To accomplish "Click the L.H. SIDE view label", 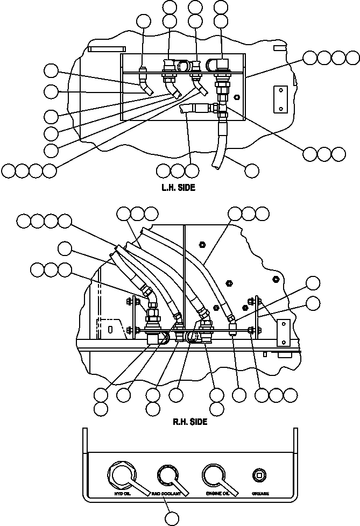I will point(178,188).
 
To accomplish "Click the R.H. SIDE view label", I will point(189,422).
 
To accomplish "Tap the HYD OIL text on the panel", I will point(123,493).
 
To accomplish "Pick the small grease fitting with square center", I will point(259,475).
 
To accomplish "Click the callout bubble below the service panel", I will point(171,518).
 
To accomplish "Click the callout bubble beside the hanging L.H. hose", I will point(251,170).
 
